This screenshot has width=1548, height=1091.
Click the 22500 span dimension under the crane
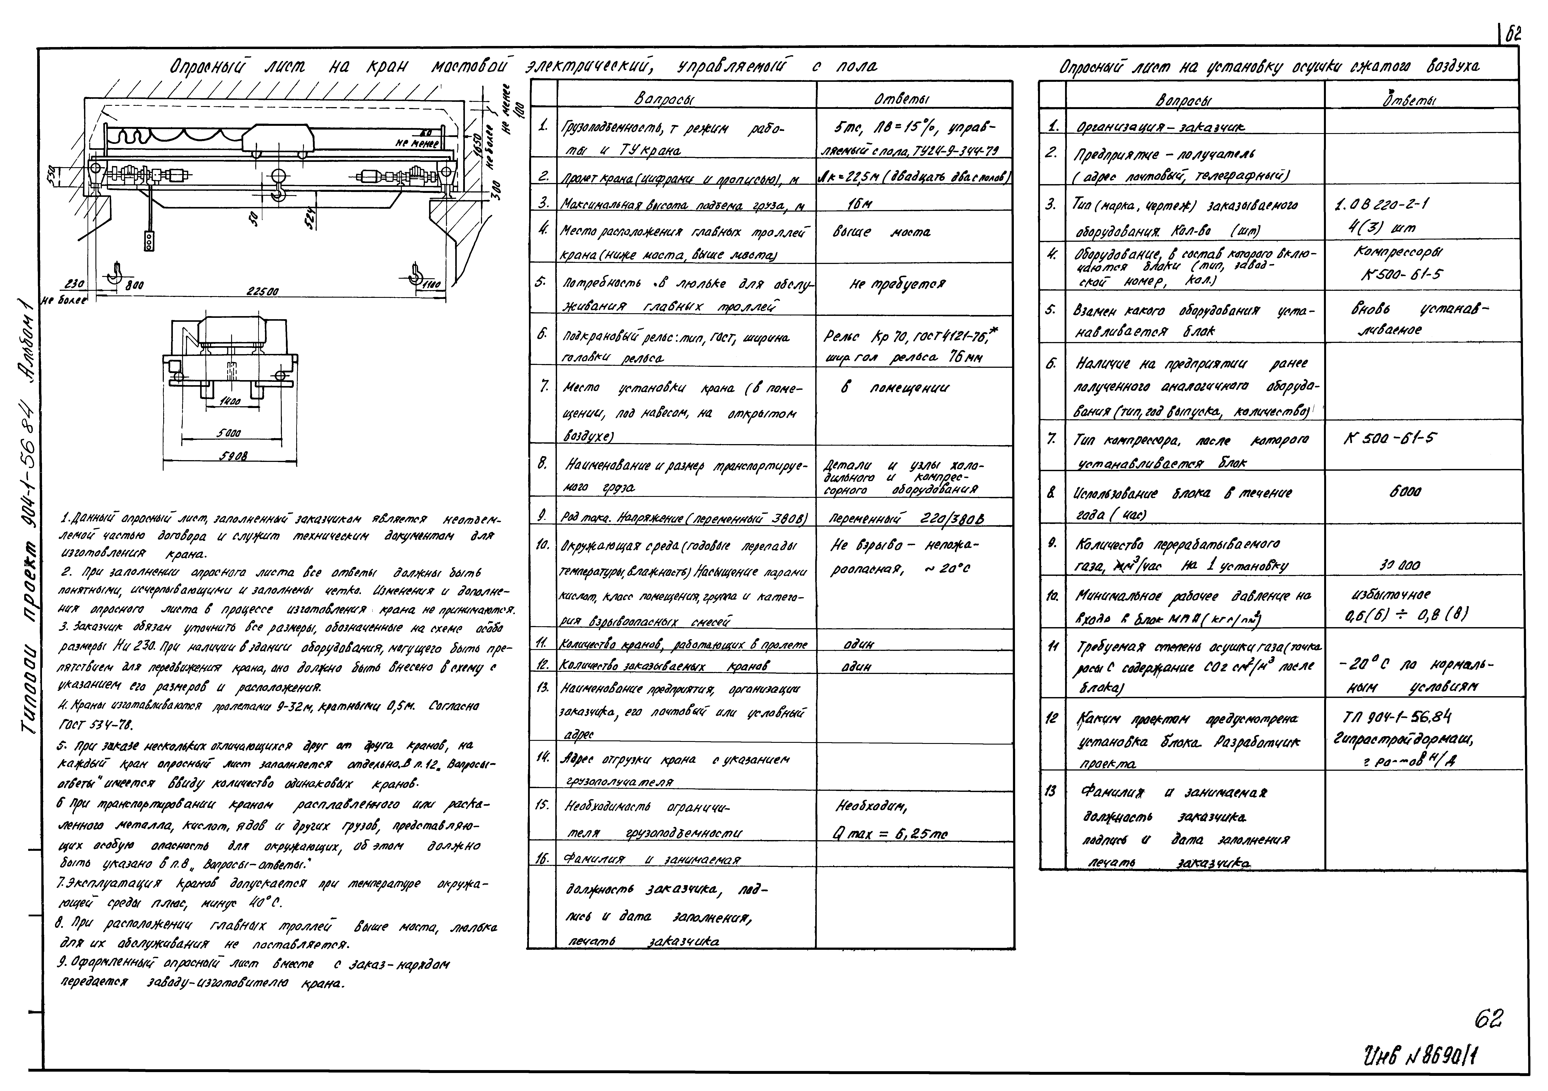click(263, 291)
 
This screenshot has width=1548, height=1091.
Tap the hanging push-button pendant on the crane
click(149, 241)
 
